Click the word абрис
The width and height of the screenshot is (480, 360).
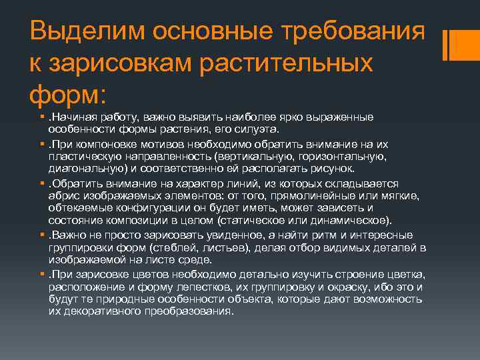[x=63, y=196]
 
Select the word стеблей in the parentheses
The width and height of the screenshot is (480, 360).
[x=175, y=247]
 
